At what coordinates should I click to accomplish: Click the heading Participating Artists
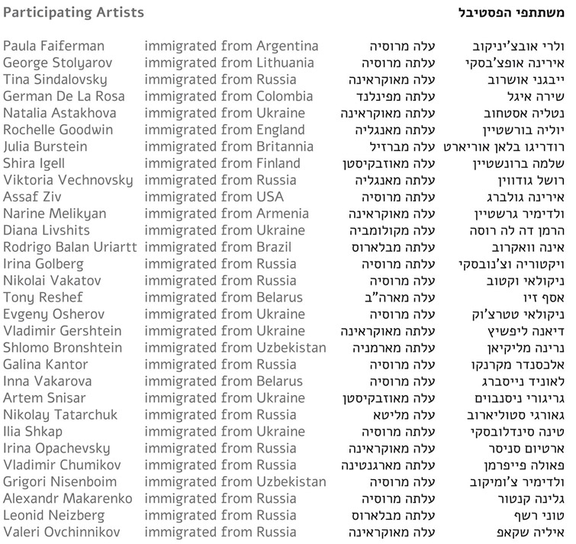(73, 13)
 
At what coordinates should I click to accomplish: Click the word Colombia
(284, 96)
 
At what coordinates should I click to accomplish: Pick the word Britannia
(285, 146)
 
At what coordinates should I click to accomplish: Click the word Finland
(278, 163)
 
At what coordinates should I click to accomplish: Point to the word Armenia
(282, 214)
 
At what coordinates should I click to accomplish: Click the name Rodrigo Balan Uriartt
(70, 247)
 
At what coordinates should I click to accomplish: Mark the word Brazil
(275, 247)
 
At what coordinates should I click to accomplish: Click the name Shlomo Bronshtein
(62, 348)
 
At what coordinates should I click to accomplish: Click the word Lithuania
(285, 63)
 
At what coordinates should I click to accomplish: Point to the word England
(280, 130)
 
